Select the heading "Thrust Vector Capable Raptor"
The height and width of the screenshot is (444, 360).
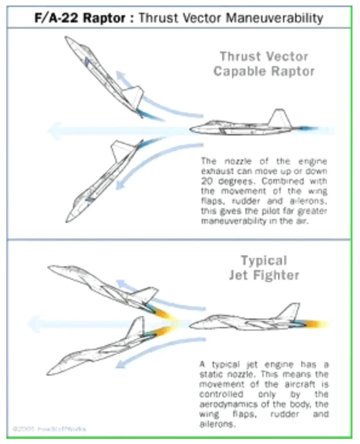264,63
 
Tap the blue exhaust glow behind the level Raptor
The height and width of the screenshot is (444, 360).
316,130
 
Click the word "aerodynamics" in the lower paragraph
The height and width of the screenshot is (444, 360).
228,404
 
